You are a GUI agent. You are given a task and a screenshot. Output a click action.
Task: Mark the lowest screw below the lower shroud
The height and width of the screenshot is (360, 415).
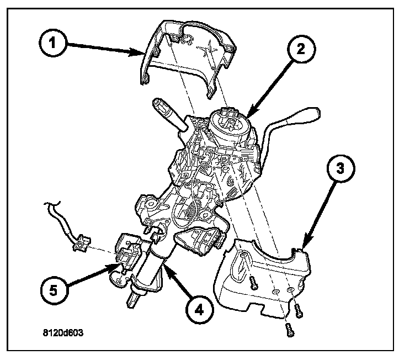click(x=290, y=330)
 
